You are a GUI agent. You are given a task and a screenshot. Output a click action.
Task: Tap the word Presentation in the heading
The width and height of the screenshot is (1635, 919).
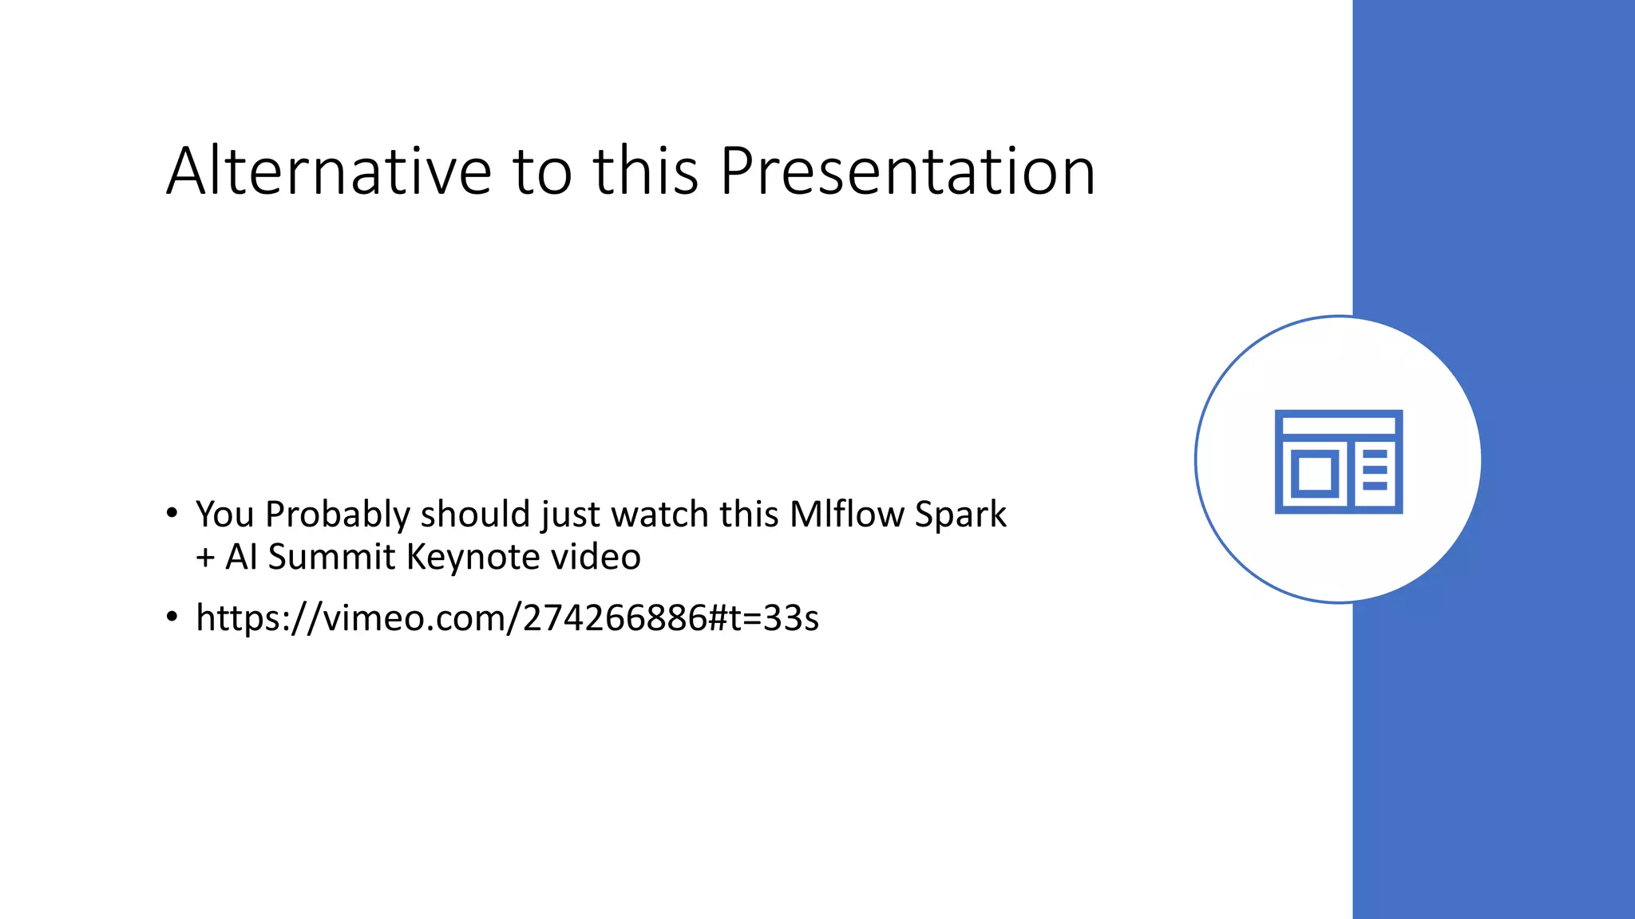907,172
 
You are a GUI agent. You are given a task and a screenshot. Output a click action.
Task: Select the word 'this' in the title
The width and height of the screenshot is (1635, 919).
646,172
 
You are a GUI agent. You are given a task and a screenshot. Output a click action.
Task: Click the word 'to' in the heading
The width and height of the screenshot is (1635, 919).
542,172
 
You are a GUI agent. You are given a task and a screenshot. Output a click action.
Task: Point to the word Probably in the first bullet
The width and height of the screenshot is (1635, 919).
337,515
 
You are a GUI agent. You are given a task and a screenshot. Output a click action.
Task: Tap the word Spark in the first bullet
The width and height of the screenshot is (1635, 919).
960,515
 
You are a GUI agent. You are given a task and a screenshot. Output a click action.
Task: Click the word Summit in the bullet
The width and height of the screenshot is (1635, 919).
331,557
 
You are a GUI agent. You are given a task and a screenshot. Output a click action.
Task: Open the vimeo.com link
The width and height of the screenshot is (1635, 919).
507,618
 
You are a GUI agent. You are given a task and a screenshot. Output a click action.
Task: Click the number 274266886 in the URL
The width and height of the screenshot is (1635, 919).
615,618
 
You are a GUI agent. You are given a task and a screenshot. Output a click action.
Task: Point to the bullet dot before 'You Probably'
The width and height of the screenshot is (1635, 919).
172,514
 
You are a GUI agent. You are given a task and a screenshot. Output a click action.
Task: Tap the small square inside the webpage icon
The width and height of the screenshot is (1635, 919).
1314,474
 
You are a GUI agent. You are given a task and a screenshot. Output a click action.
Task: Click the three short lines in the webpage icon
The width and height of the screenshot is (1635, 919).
1375,470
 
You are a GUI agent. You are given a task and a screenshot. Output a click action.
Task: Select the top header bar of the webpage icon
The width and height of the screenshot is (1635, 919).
1339,425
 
